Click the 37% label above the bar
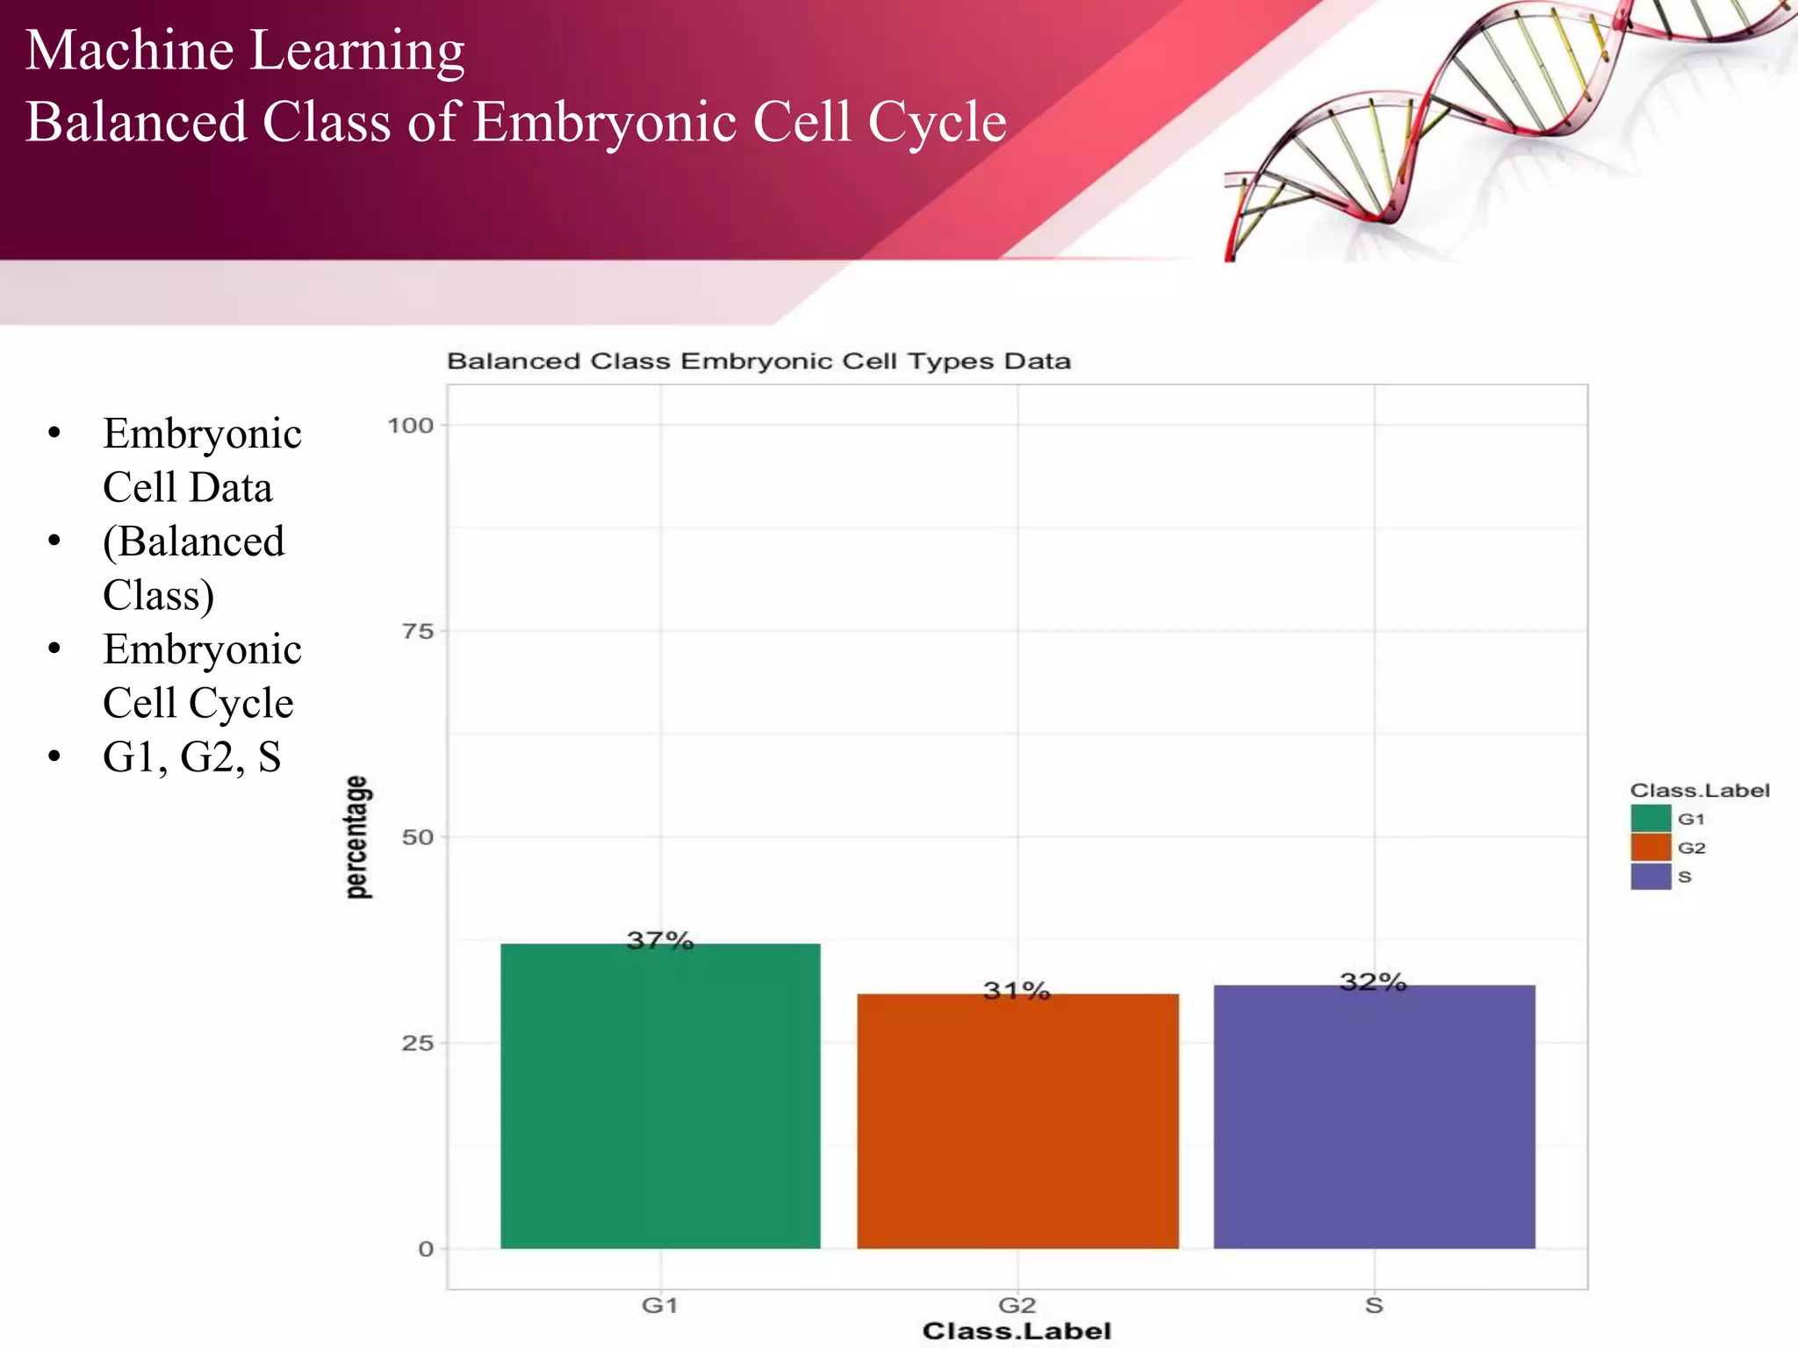click(x=660, y=941)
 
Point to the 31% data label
click(x=1017, y=991)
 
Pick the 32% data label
click(x=1373, y=982)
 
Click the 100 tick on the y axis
click(x=411, y=426)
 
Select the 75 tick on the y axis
click(x=418, y=631)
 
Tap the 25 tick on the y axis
click(x=418, y=1043)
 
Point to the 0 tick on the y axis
click(x=426, y=1249)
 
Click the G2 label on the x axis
click(x=1017, y=1306)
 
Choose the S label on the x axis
click(x=1374, y=1306)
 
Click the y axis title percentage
click(x=356, y=837)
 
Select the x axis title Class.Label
click(x=1017, y=1331)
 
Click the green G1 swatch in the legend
click(x=1651, y=818)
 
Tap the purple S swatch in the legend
click(x=1651, y=876)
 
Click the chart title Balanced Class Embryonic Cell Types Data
click(x=759, y=362)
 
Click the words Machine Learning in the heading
click(x=245, y=50)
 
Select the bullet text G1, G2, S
click(x=191, y=756)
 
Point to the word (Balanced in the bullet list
click(x=193, y=541)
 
